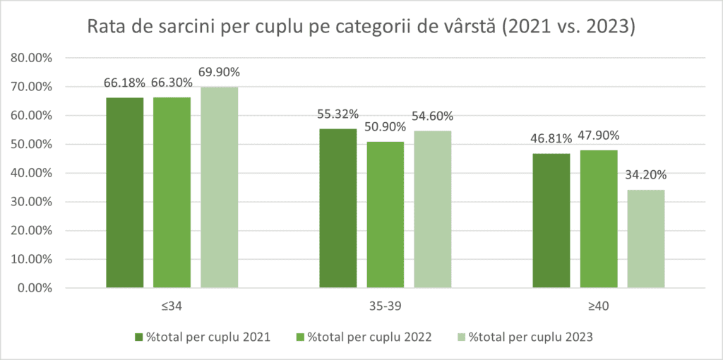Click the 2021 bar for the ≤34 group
(125, 192)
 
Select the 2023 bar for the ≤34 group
(219, 187)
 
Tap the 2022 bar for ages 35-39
(385, 215)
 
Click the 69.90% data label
(219, 72)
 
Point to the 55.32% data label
(338, 114)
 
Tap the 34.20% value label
(646, 174)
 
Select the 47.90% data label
(599, 135)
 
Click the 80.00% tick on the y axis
(33, 58)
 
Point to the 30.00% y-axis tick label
(33, 202)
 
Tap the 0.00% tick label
(36, 288)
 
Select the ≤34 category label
(172, 306)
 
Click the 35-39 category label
(385, 306)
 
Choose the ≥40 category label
(599, 306)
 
